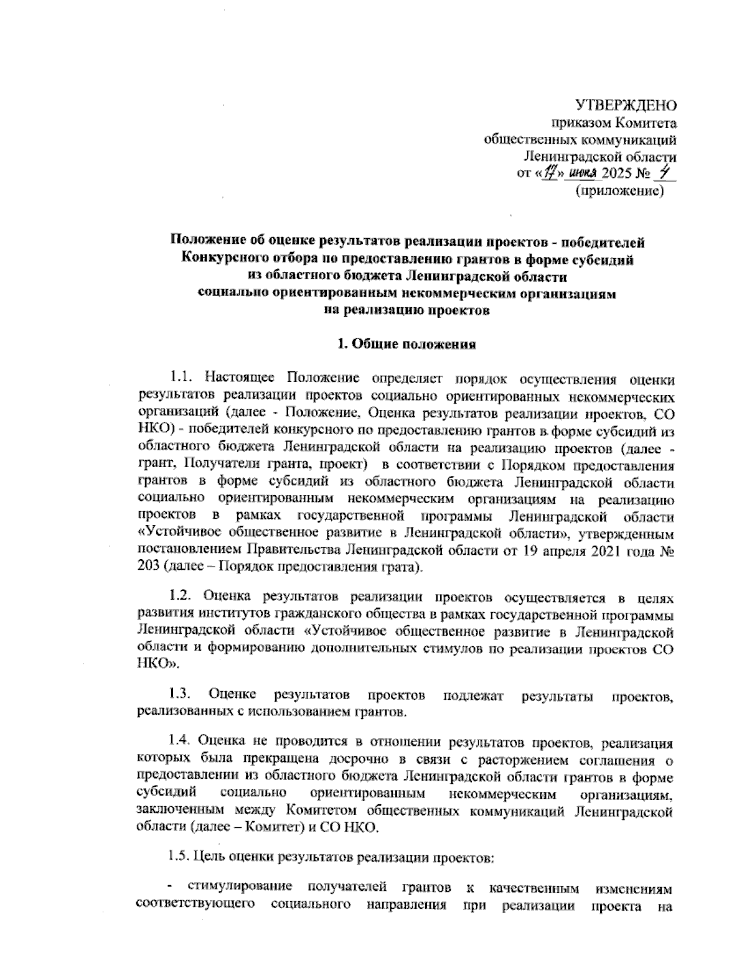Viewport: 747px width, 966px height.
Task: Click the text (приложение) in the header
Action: point(619,191)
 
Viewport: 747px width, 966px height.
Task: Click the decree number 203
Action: point(148,569)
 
